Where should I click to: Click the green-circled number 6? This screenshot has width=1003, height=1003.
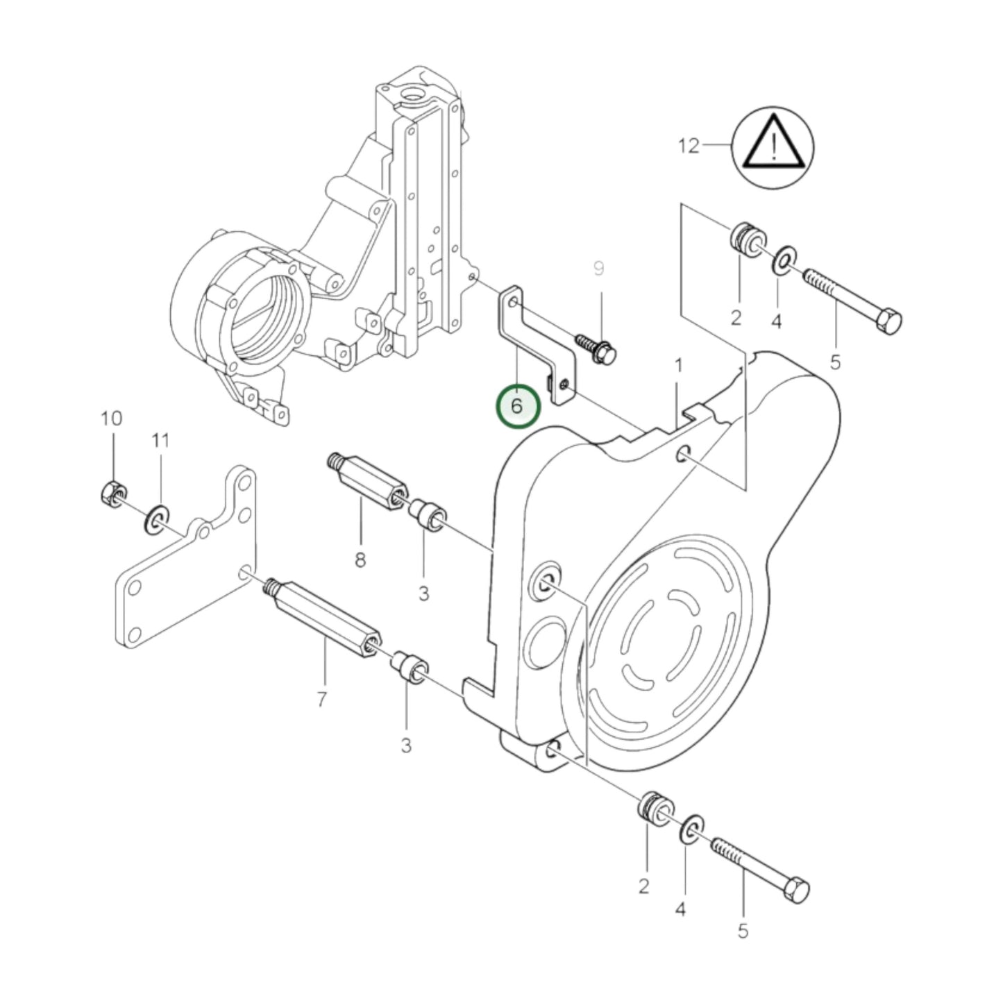coord(517,406)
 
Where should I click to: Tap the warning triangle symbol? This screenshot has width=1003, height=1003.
coord(773,146)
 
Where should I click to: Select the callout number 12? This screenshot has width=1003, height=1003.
coord(689,146)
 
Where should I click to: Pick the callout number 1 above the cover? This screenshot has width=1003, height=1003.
coord(679,364)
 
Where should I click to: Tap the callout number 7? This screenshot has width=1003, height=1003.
coord(321,700)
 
